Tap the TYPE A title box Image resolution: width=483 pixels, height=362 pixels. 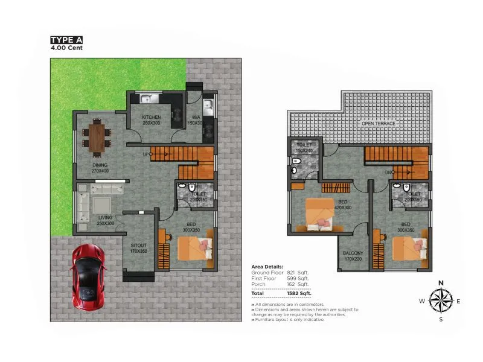tap(66, 40)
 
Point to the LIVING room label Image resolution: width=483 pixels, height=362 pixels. tap(106, 218)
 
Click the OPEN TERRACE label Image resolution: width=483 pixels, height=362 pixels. tap(379, 124)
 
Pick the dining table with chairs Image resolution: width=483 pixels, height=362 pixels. tap(97, 135)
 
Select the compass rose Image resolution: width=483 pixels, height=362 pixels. tap(441, 300)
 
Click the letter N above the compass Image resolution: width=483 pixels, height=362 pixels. tap(441, 283)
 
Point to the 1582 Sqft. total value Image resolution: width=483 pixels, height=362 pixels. tap(299, 293)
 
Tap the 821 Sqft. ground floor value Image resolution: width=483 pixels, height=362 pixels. tap(298, 273)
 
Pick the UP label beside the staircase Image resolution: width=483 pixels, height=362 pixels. tap(146, 154)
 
